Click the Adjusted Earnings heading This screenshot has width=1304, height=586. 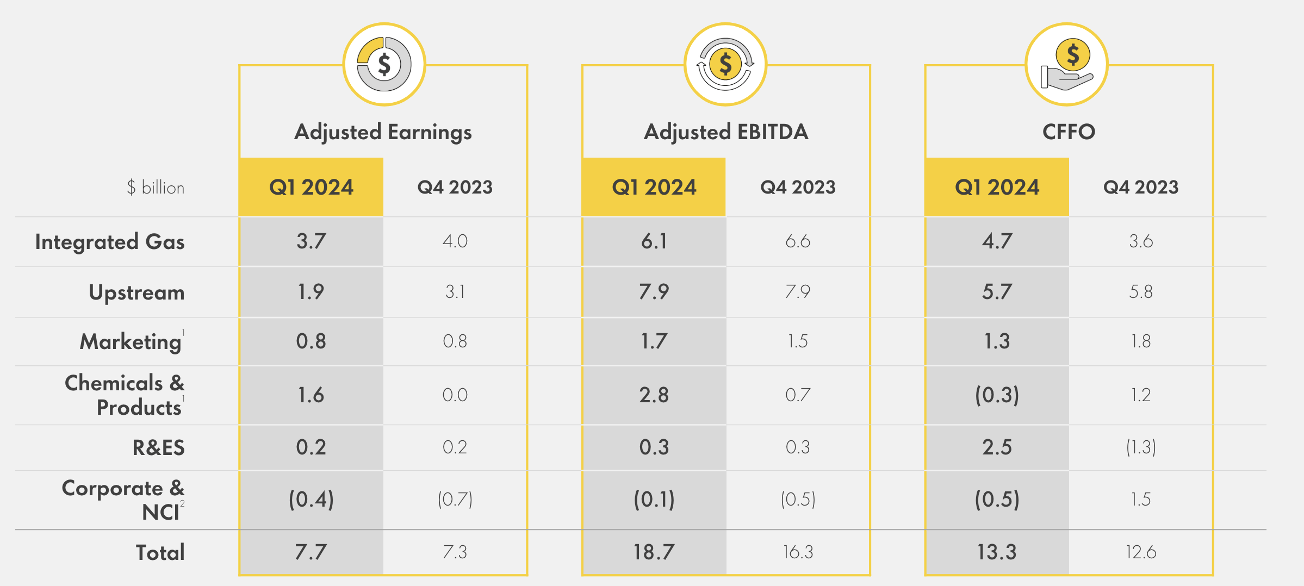383,132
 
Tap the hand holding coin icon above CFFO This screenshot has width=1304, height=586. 1066,65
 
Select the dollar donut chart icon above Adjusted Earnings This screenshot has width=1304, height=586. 384,65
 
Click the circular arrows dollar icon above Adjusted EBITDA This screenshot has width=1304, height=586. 725,65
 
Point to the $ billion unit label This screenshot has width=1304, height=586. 156,188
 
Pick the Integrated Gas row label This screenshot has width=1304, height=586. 110,242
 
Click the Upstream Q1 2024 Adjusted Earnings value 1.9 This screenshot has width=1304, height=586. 311,292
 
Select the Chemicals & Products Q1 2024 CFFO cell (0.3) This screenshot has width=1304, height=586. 997,395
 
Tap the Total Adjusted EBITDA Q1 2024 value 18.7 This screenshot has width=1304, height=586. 654,552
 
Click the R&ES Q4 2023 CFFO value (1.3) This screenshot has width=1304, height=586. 1141,447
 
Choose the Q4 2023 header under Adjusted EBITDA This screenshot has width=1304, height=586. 797,188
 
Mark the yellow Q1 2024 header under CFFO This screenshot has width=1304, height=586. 997,188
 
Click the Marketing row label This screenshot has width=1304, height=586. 131,342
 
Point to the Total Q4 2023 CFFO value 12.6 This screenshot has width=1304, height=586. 1141,552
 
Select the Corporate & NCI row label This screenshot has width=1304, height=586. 124,500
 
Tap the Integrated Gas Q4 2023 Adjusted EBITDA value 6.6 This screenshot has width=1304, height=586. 797,241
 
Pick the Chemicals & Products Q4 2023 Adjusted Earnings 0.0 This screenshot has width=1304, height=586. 455,395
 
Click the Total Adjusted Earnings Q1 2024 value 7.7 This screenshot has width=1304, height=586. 311,552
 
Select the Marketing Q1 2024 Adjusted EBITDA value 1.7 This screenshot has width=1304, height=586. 654,341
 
